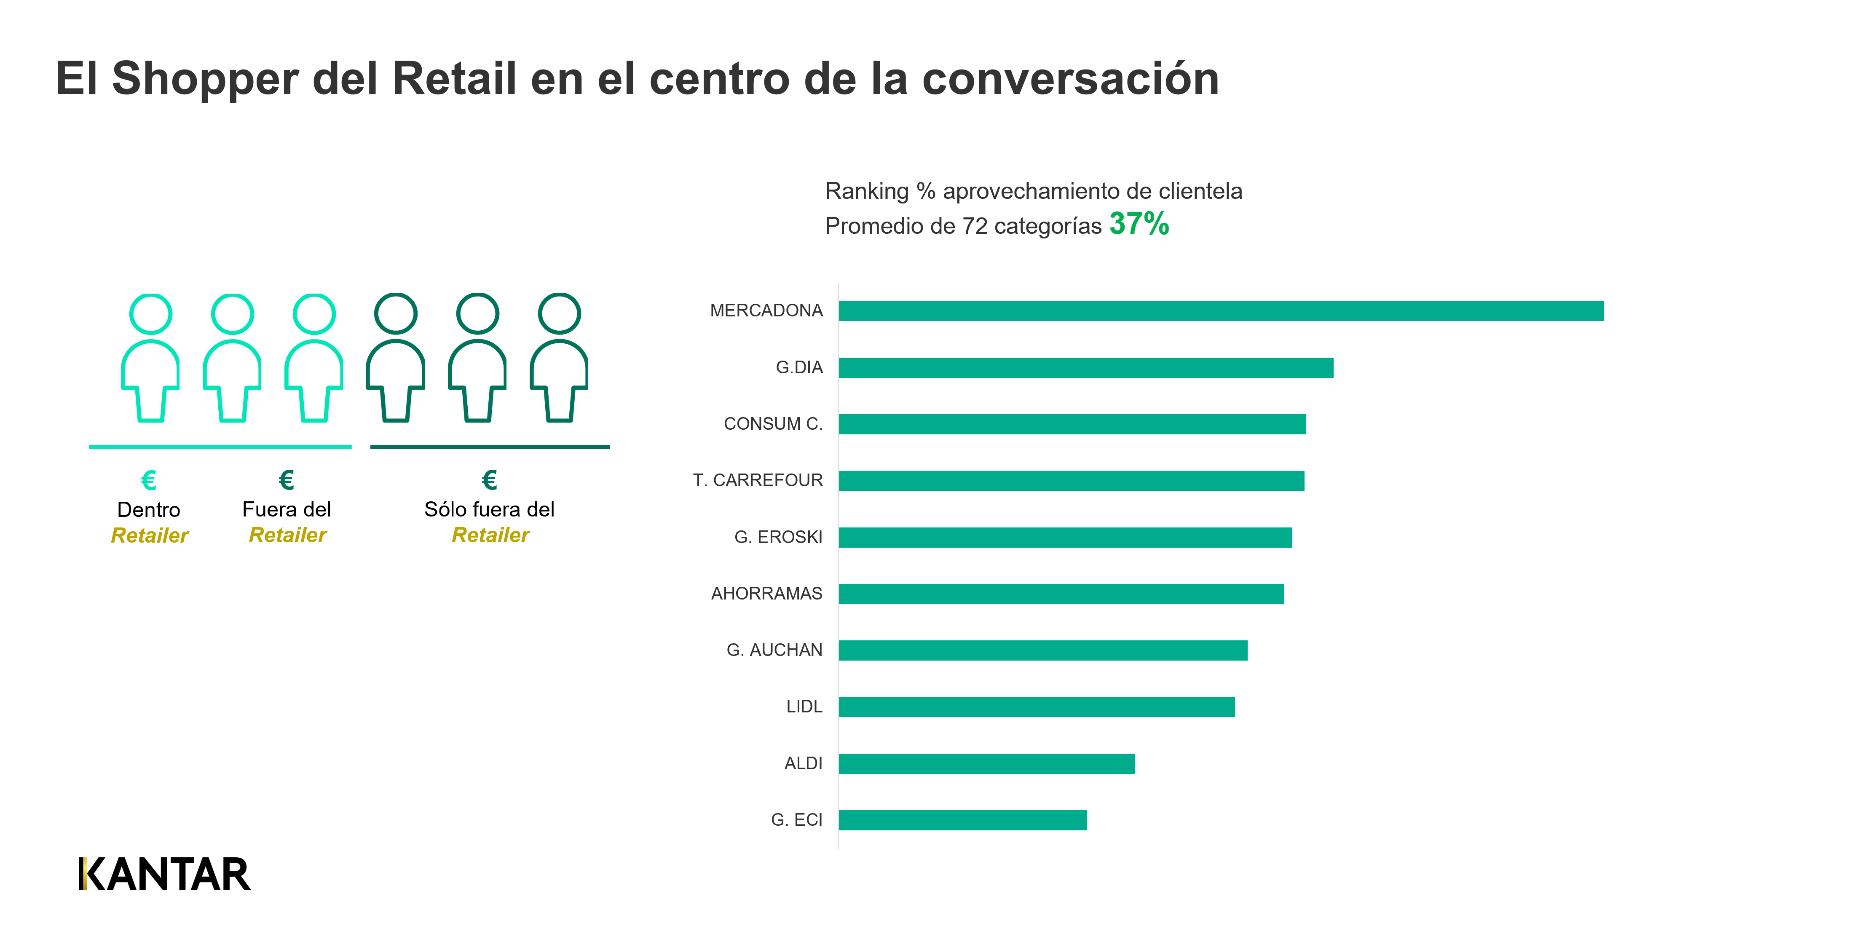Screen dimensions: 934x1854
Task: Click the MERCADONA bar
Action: (1221, 311)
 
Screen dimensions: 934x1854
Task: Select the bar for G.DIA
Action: (1085, 368)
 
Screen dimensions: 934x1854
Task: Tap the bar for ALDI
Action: (986, 763)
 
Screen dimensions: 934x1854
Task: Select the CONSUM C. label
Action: (772, 424)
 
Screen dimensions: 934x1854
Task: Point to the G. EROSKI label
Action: (777, 537)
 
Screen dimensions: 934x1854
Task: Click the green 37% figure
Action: (1139, 224)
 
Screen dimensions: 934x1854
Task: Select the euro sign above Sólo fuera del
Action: (489, 479)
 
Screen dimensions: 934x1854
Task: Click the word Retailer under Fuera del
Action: (287, 535)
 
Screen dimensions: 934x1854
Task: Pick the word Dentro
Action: (148, 509)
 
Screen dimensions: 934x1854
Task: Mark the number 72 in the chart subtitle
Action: (975, 226)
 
